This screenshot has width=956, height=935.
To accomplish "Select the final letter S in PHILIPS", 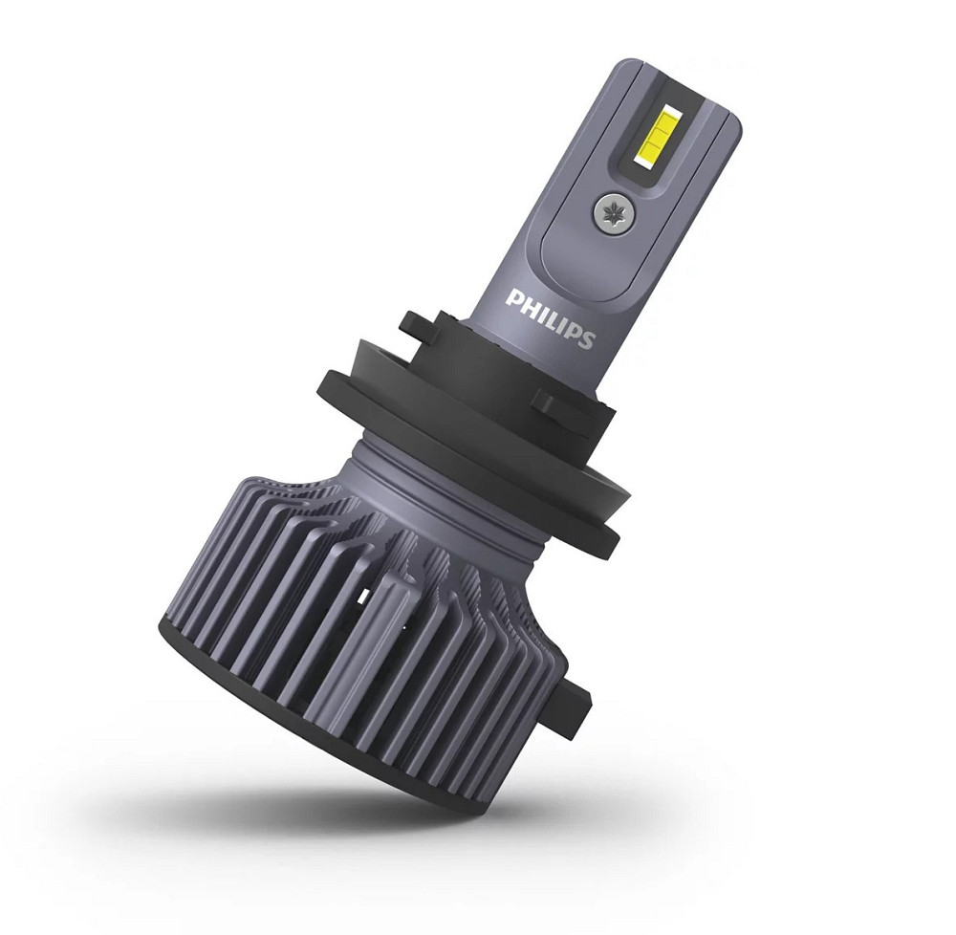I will [x=586, y=337].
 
